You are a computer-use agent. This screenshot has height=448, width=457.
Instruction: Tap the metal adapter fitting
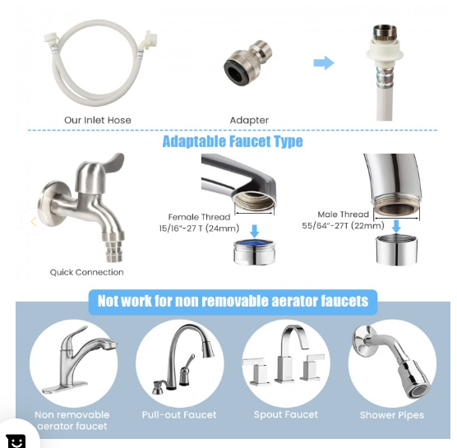pos(247,62)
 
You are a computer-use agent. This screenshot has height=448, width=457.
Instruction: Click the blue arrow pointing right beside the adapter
pos(324,62)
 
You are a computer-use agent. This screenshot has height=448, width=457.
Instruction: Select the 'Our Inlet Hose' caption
pos(98,120)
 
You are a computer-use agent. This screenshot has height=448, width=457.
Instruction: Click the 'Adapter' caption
pos(249,120)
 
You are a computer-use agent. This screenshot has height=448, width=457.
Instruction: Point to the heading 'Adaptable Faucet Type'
pos(233,141)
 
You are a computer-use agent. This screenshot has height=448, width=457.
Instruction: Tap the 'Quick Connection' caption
pos(86,272)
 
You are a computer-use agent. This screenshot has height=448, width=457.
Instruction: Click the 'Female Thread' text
pos(199,217)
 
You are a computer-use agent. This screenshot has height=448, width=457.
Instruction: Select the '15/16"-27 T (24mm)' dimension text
pos(199,229)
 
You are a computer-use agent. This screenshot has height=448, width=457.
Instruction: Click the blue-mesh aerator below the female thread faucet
pos(254,252)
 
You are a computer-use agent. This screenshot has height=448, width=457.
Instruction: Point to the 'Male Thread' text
pos(343,215)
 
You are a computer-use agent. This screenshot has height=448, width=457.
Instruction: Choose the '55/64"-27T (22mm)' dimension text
pos(343,225)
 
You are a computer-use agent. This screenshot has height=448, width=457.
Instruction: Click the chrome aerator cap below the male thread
pos(396,251)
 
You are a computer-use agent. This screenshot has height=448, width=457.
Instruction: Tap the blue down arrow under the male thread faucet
pos(396,226)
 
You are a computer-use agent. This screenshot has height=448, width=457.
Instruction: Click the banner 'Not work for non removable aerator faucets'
pos(233,302)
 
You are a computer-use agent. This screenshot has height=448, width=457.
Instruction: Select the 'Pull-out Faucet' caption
pos(179,415)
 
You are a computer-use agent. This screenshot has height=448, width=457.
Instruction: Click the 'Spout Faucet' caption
pos(286,414)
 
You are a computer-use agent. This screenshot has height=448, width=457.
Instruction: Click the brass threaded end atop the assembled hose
pos(385,33)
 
